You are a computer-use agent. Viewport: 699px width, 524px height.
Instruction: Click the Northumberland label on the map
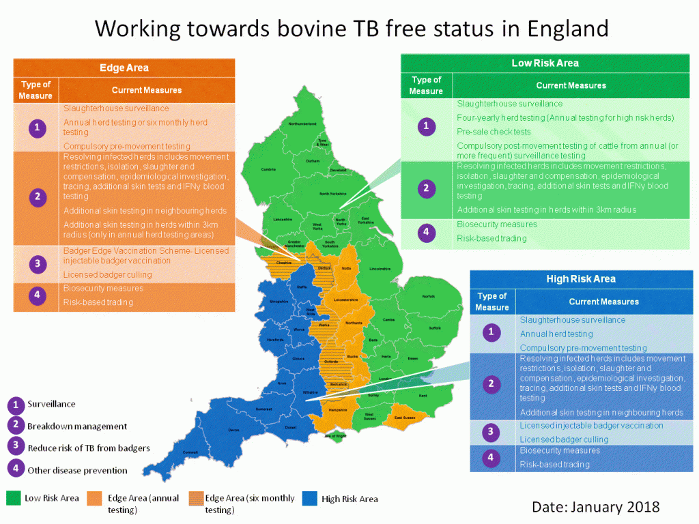click(302, 123)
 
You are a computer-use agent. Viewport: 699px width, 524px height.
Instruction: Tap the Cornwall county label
click(190, 452)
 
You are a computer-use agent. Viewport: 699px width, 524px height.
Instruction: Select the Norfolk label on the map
click(428, 297)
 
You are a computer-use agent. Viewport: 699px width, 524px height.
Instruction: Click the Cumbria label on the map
click(268, 170)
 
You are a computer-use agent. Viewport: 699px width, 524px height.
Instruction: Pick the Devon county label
click(234, 430)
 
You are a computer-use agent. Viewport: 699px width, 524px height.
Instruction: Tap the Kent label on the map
click(422, 396)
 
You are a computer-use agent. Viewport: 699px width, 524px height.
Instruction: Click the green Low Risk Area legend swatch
click(12, 498)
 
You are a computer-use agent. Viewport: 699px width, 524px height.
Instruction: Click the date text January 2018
click(596, 506)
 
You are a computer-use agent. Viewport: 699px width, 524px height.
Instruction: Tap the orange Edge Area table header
click(124, 68)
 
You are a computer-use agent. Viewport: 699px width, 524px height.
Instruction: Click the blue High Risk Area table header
click(581, 278)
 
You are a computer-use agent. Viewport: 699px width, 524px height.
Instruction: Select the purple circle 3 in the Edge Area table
click(37, 263)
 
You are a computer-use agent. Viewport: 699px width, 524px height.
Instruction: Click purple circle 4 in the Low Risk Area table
click(426, 232)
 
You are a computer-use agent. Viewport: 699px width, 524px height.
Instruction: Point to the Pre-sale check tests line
click(494, 132)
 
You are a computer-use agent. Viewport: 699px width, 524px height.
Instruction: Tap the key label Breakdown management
click(77, 426)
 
